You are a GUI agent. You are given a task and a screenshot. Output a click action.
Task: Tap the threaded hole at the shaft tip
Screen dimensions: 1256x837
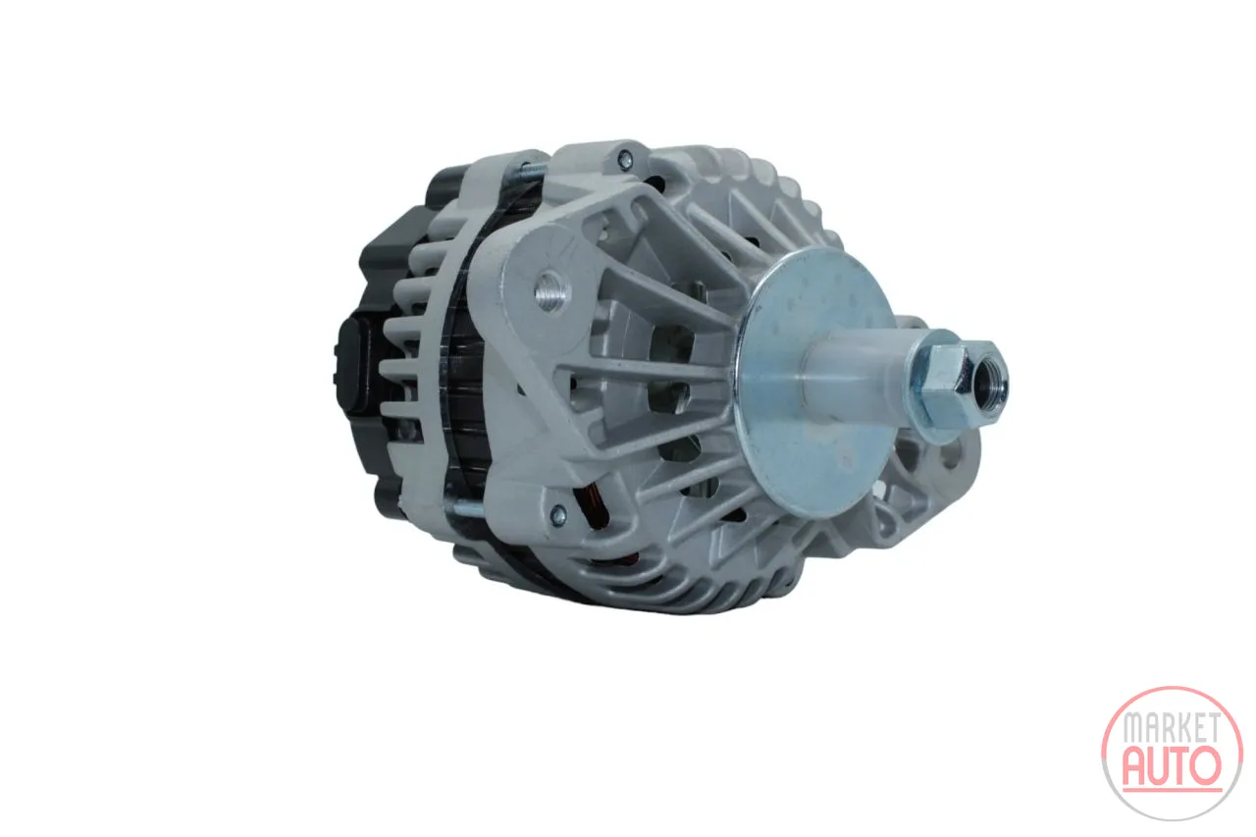(990, 385)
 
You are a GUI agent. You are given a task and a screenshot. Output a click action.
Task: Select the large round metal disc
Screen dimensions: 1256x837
(814, 383)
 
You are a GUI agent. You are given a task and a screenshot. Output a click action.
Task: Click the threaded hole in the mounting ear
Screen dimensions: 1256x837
(550, 291)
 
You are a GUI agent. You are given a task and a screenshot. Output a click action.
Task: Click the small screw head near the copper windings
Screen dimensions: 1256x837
(558, 512)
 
